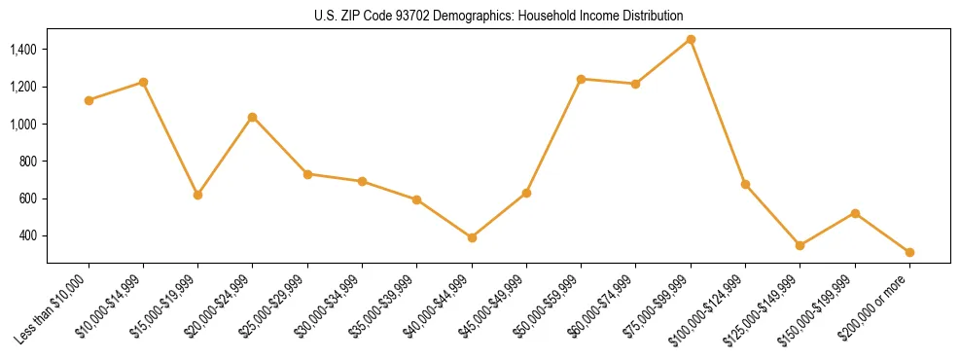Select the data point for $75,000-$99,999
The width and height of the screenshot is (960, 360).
[x=691, y=39]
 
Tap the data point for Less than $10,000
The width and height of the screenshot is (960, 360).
[x=89, y=100]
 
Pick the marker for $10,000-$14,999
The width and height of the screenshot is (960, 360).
[x=143, y=82]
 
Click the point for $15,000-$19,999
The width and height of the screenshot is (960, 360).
[x=197, y=195]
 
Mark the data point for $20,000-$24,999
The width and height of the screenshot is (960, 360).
[x=253, y=117]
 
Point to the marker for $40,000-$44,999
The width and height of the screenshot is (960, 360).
[x=472, y=237]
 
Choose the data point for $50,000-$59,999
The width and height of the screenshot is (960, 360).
[x=581, y=79]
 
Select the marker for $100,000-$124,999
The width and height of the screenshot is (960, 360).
[x=745, y=184]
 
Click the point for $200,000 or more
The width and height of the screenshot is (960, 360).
[x=909, y=252]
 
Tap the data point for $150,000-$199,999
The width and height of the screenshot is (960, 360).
[x=855, y=213]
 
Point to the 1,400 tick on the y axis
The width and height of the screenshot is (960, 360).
[x=27, y=50]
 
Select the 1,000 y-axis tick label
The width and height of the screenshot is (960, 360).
[x=27, y=125]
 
